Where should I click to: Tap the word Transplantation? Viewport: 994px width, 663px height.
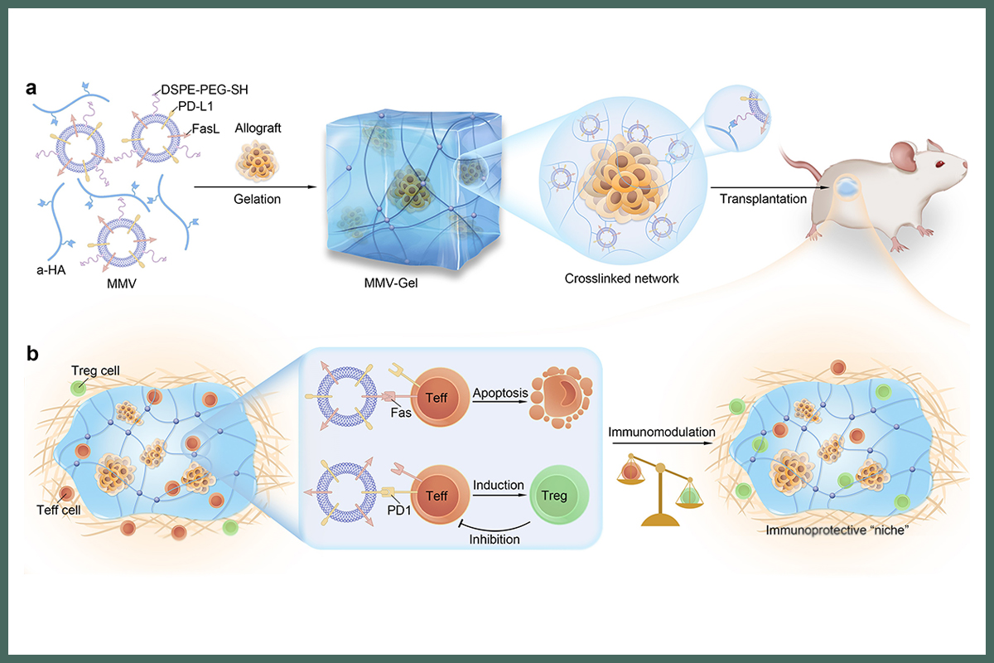click(x=761, y=201)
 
